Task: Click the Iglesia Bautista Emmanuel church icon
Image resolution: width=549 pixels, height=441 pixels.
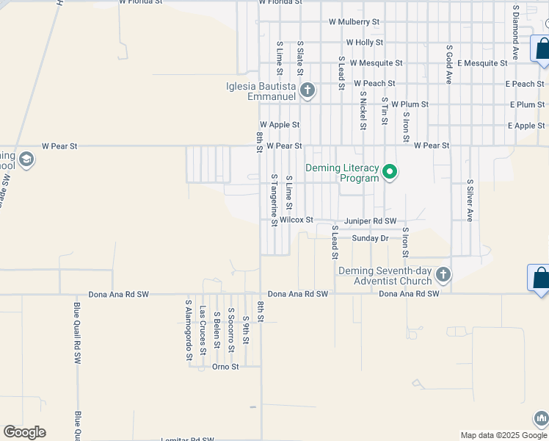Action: pos(308,91)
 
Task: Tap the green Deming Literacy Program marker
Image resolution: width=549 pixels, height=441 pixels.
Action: pos(390,173)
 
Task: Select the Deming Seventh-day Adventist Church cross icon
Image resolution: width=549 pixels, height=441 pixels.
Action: pos(442,276)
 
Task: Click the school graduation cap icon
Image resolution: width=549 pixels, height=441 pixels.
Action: pos(26,160)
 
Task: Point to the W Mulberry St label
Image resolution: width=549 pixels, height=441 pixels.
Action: pos(354,22)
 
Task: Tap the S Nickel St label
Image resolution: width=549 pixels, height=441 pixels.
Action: pos(363,110)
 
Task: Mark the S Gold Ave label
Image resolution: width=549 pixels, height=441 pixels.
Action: pos(449,63)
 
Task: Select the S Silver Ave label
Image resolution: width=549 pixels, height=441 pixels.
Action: pos(470,199)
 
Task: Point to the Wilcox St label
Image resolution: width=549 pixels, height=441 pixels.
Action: pos(297,220)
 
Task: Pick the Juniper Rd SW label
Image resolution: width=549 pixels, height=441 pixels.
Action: pos(370,220)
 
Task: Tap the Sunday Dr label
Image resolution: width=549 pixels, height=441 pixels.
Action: pos(370,238)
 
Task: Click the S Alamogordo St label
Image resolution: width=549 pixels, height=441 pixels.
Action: pos(189,330)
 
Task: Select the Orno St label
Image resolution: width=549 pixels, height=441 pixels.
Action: pos(225,366)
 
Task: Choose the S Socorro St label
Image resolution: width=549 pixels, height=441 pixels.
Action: pos(231,325)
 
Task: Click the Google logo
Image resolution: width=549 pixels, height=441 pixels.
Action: pos(24,432)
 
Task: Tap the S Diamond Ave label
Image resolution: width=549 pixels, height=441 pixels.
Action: pos(516,31)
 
